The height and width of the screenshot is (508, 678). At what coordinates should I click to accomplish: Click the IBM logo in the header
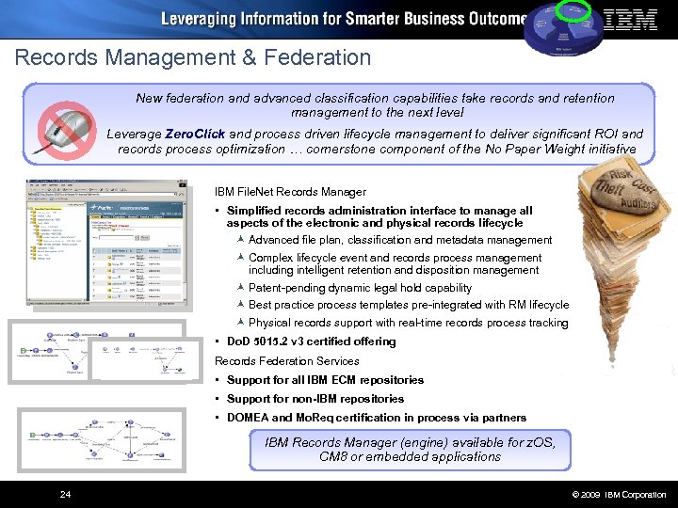[630, 19]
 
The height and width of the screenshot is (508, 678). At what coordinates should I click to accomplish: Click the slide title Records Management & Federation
[193, 57]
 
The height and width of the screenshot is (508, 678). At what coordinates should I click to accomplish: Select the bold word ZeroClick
[195, 134]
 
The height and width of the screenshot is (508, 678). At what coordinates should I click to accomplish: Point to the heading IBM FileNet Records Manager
[290, 191]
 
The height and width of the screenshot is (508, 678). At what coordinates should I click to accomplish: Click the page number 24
[64, 494]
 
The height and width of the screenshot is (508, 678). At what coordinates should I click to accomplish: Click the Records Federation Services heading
[286, 360]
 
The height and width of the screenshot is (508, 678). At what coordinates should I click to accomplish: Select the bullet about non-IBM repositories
[315, 399]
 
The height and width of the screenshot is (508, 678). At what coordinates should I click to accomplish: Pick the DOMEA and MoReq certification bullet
[376, 418]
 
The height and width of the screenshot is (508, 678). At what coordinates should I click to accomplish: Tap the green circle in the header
[573, 9]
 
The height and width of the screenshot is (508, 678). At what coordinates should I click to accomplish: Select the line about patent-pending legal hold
[360, 288]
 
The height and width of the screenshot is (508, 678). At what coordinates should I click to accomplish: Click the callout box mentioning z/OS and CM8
[410, 449]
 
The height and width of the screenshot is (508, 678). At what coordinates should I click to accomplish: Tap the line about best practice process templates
[408, 305]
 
